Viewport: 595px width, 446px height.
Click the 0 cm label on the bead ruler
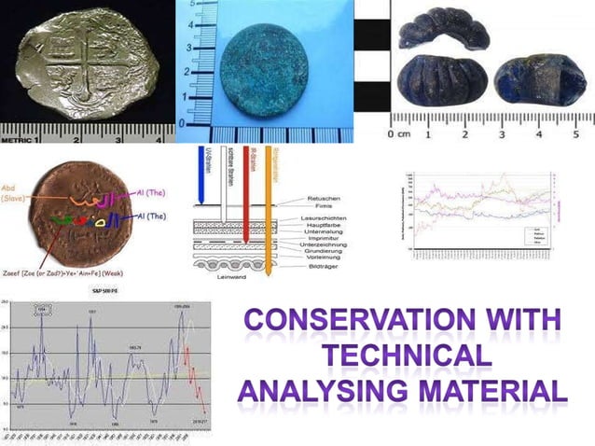pyautogui.click(x=397, y=135)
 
